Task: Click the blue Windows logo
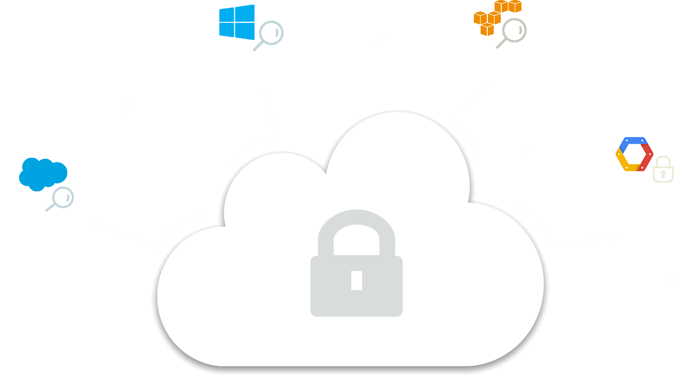coord(236,22)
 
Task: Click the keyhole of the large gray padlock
coord(356,280)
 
